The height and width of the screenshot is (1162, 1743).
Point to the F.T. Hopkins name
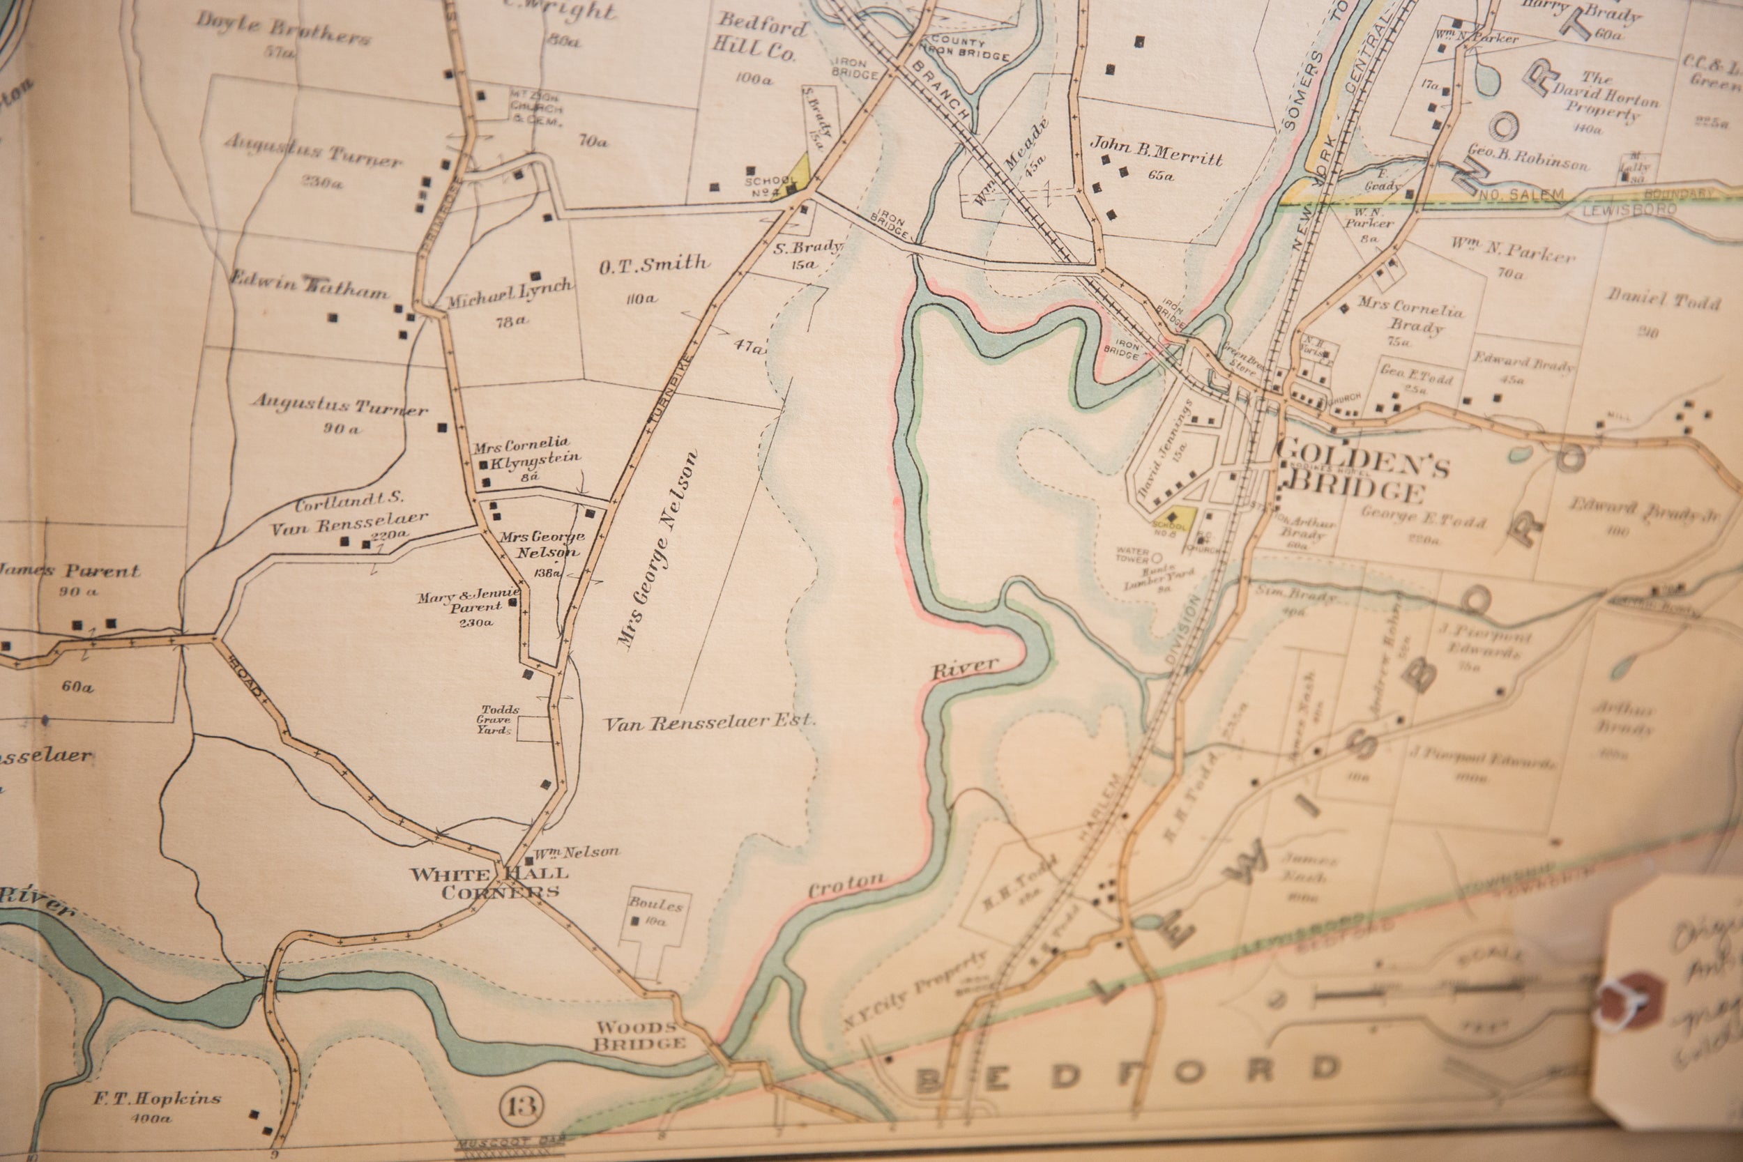click(x=157, y=1099)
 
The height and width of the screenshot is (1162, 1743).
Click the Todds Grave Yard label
click(x=498, y=719)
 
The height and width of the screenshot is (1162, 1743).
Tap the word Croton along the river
click(x=846, y=885)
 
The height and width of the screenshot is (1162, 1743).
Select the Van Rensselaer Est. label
click(x=710, y=723)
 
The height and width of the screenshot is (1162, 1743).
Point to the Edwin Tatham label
click(x=309, y=285)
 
